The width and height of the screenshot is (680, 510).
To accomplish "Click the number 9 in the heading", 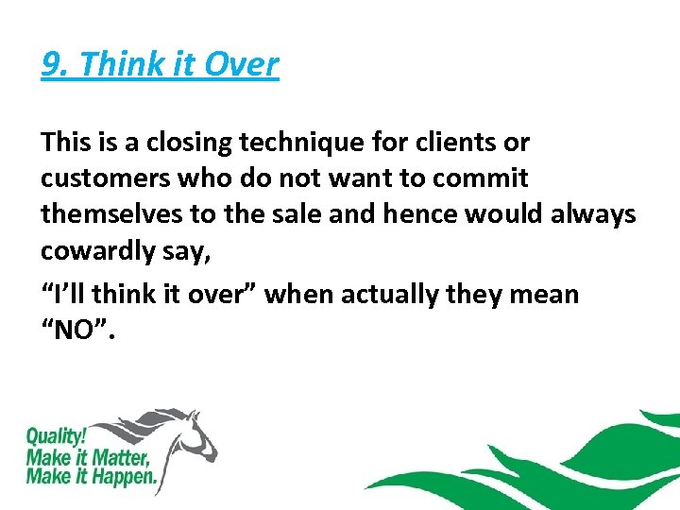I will coord(52,65).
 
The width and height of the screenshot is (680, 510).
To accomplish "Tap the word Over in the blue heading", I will coord(243,65).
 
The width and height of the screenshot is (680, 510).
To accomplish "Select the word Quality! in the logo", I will coord(54,437).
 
